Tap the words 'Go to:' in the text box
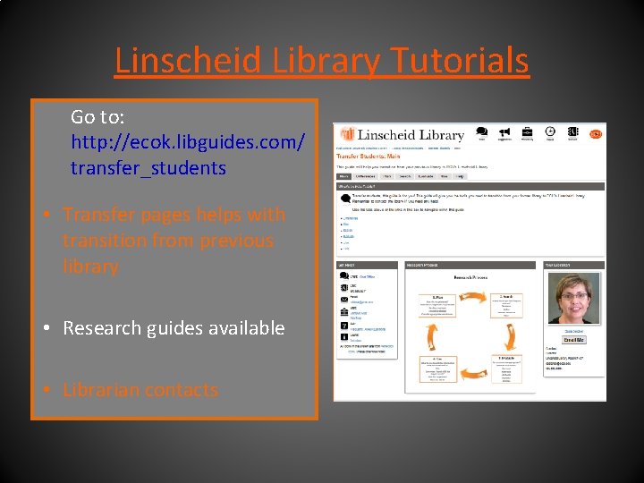97,117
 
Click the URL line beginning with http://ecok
188,142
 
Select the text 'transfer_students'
148,167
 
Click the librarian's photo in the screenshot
573,300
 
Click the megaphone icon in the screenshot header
504,132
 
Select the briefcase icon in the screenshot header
528,131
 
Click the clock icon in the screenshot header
550,131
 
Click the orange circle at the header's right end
596,134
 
